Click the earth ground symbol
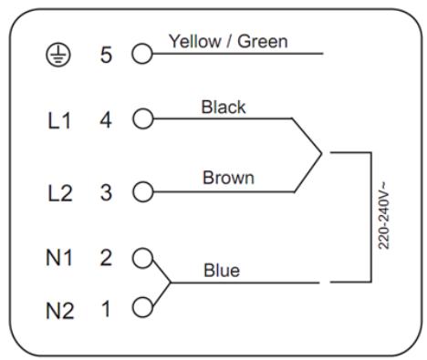58,56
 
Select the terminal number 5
106,56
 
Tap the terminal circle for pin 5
142,54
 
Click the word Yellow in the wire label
195,41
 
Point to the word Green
263,41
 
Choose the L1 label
59,120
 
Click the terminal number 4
106,120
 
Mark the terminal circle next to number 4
143,118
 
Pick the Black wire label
224,107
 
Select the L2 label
60,193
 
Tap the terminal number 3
106,192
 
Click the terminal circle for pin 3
143,191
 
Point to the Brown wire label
228,178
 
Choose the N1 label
59,258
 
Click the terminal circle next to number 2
142,258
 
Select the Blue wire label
222,271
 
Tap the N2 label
60,311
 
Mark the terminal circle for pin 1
142,307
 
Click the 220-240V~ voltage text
383,215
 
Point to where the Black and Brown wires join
321,154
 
